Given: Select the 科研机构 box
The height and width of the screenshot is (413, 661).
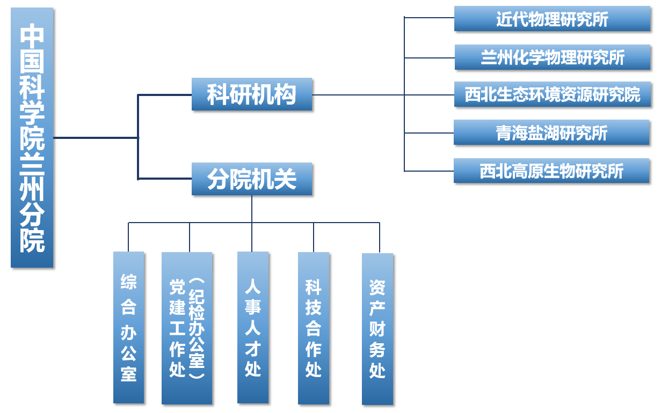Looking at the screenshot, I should tap(252, 95).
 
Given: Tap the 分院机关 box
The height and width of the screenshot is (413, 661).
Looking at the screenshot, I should tap(252, 179).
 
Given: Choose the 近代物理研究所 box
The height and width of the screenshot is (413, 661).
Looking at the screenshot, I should tap(552, 19).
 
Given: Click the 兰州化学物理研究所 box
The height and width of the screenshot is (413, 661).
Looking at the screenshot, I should tap(552, 57).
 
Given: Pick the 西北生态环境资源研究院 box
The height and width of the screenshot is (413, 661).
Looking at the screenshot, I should tap(552, 95).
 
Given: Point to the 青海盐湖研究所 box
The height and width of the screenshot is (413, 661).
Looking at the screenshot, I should tap(551, 132).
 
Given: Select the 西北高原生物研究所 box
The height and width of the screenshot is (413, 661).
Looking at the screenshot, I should tap(551, 171).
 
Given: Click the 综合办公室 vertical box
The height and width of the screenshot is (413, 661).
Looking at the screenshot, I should tap(129, 327).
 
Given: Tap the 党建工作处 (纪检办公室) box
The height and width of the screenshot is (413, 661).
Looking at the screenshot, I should tap(187, 328).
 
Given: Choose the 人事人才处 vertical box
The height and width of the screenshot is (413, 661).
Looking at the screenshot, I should tap(253, 327).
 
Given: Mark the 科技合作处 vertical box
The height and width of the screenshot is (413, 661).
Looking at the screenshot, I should tap(314, 328).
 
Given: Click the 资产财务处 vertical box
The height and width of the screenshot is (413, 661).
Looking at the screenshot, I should tap(377, 329).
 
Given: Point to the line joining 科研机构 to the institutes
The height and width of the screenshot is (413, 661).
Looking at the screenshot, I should tap(358, 95).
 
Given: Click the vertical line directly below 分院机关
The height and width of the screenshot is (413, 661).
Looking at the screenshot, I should tap(252, 209).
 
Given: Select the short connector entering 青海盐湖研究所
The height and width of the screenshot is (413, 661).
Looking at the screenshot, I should tap(429, 132).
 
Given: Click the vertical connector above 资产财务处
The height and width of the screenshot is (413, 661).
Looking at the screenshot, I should tap(380, 237).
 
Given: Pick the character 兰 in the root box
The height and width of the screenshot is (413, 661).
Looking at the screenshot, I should tap(32, 164).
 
